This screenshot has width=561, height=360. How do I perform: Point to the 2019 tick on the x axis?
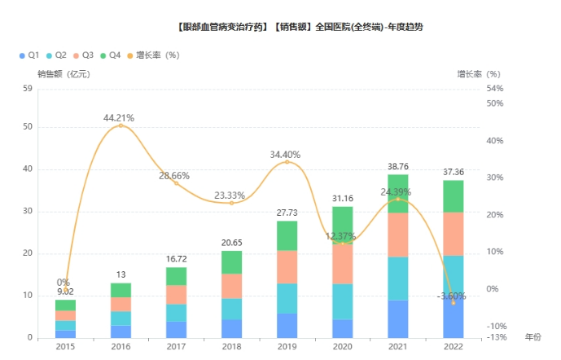coord(287,346)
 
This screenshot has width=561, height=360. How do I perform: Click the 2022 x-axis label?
coord(453,346)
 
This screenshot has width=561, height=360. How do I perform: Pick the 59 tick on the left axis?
coord(28,88)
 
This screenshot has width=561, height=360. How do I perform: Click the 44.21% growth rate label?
coord(119,118)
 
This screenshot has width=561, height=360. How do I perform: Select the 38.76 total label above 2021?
coord(398,166)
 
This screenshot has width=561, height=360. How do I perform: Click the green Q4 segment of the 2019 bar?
coord(287,235)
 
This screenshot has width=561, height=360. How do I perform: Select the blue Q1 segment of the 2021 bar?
coord(397,318)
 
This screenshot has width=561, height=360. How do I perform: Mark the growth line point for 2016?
coord(121,125)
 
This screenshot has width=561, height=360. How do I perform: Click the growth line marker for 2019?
coord(287,162)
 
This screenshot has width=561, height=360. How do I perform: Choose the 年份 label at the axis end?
coord(533,336)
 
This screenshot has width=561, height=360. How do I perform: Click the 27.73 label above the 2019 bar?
coord(287,213)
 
